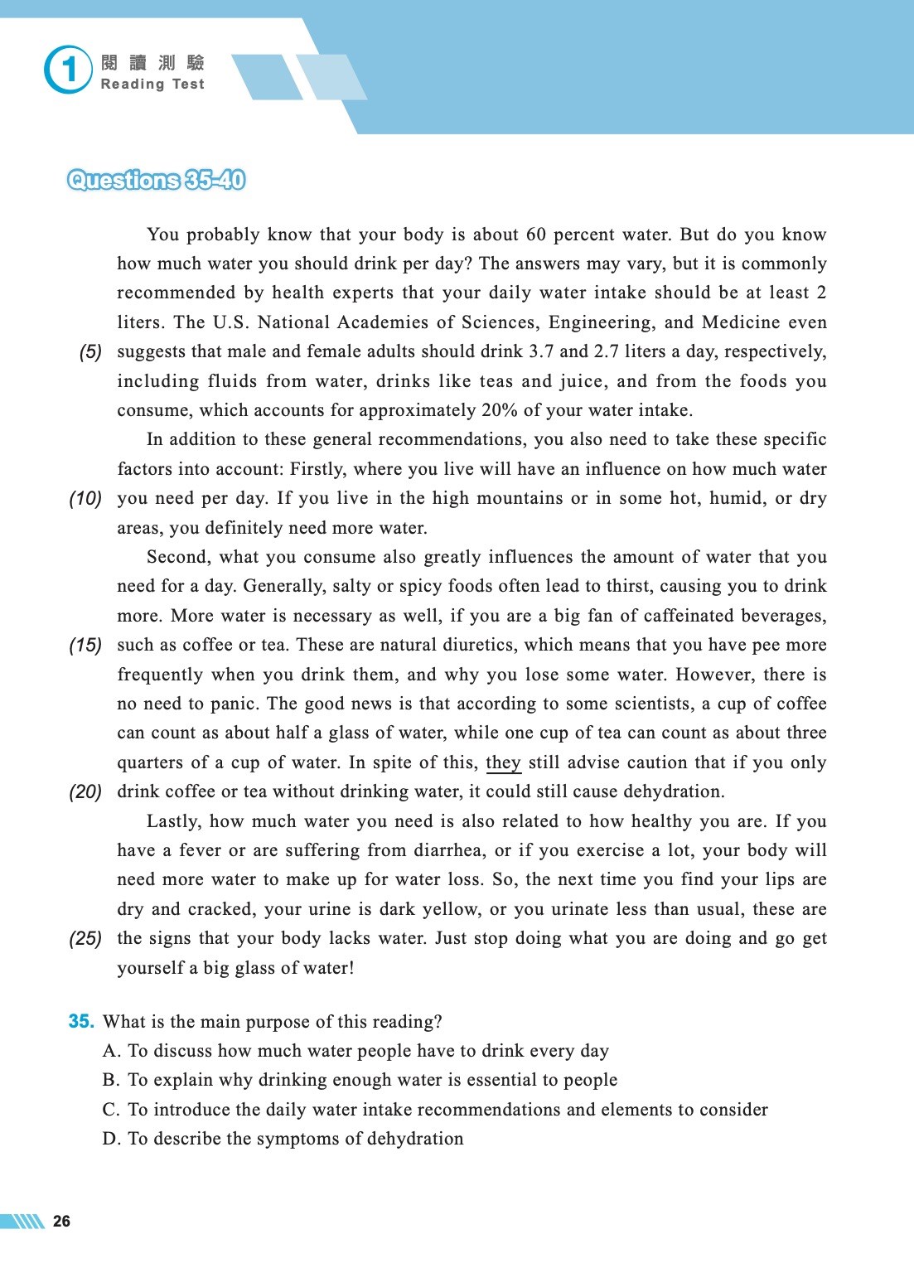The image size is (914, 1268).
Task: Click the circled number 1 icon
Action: [x=68, y=70]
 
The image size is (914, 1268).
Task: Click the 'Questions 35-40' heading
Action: [x=157, y=180]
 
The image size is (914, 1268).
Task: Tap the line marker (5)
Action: [x=90, y=352]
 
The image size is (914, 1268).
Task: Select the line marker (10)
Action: [x=85, y=499]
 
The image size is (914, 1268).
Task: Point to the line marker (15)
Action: [x=85, y=646]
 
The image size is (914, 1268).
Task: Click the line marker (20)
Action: [x=85, y=792]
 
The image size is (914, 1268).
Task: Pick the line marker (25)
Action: [x=85, y=939]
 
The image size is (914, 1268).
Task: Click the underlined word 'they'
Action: [x=503, y=762]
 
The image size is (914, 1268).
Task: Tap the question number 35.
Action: [x=81, y=1022]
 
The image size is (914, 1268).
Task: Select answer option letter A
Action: [x=111, y=1052]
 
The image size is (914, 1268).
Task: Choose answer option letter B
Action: [x=111, y=1081]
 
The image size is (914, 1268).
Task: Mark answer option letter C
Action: [x=111, y=1110]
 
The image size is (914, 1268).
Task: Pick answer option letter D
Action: [x=111, y=1140]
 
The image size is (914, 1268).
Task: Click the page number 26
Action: [x=61, y=1221]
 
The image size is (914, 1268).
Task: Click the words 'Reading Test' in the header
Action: [x=152, y=85]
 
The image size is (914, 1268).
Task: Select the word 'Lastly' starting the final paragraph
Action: [x=172, y=821]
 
